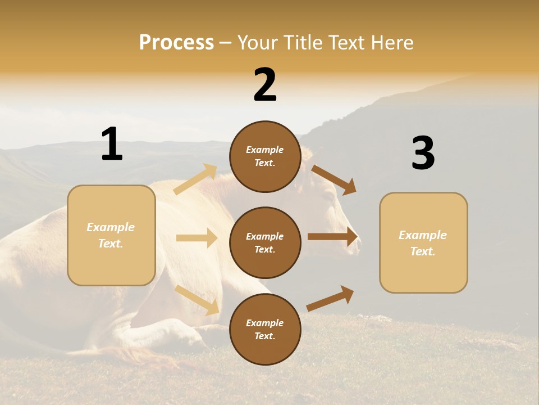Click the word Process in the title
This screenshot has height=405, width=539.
coord(176,43)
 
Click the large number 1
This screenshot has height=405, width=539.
coord(112,144)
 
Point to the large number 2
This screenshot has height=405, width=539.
coord(265,85)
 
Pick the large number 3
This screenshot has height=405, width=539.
coord(423,154)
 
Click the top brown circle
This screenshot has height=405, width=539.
coord(265,156)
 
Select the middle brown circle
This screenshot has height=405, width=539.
coord(265,243)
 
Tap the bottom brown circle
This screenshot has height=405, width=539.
coord(265,330)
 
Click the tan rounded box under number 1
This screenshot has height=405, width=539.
coord(111,235)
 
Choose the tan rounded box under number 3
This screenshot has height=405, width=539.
coord(423,243)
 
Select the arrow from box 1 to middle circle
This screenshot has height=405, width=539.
coord(197,238)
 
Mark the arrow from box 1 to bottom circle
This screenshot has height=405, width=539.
coord(197,299)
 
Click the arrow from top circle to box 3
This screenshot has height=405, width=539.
coord(334,180)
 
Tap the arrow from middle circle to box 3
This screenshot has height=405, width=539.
coord(332,237)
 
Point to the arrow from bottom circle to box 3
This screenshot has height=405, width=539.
coord(330,298)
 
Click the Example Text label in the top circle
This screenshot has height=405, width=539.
coord(265,156)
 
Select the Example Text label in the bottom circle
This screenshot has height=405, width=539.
coord(265,330)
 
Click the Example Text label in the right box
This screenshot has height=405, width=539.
coord(423,243)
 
